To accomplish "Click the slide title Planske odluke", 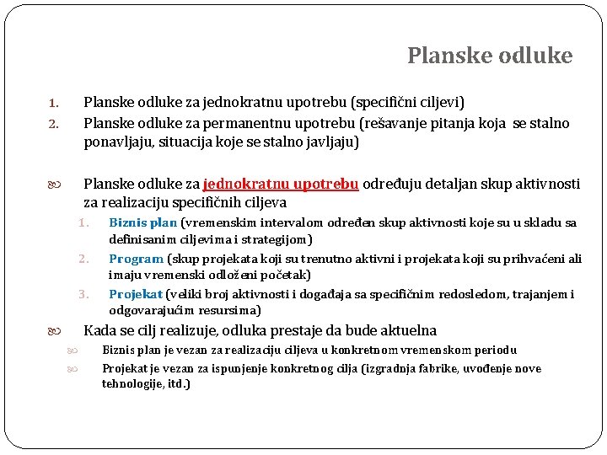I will pyautogui.click(x=490, y=56).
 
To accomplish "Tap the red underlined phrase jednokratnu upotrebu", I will pyautogui.click(x=281, y=184).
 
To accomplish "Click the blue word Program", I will pyautogui.click(x=136, y=259).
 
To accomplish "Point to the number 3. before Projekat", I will pyautogui.click(x=83, y=294).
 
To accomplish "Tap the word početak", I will pyautogui.click(x=284, y=274).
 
